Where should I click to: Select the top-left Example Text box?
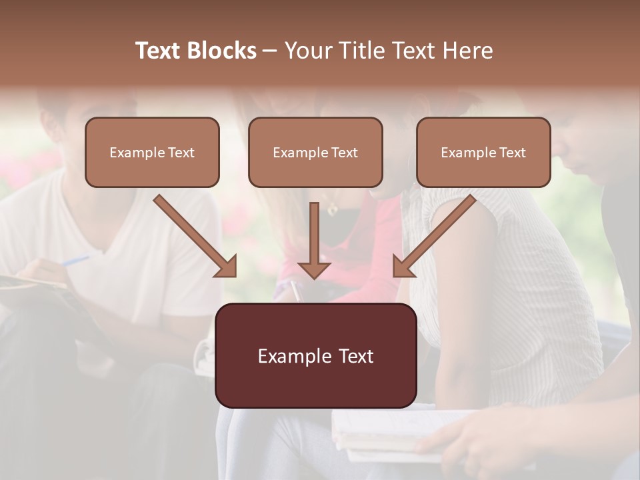(152, 152)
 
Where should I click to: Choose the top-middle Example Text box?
(315, 152)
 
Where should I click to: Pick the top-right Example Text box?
(483, 152)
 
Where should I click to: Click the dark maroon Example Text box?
(315, 355)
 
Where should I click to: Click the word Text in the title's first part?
(157, 51)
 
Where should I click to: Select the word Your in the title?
(305, 51)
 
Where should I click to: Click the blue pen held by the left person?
(75, 261)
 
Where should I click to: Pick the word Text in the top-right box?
(512, 152)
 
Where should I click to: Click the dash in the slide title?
(270, 51)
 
